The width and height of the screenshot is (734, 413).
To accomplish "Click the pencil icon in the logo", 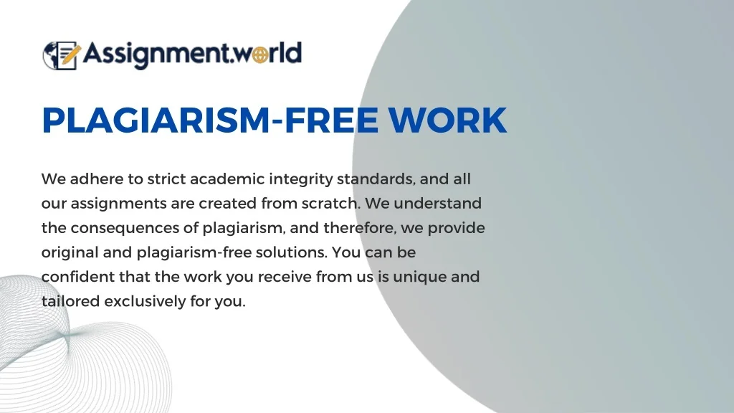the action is click(70, 54).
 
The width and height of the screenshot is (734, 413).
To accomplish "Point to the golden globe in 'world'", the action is click(260, 54).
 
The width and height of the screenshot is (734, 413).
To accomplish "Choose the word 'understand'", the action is click(438, 203).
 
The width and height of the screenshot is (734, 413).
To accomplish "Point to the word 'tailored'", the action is click(70, 301).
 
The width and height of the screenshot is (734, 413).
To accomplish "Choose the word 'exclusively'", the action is click(145, 302).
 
